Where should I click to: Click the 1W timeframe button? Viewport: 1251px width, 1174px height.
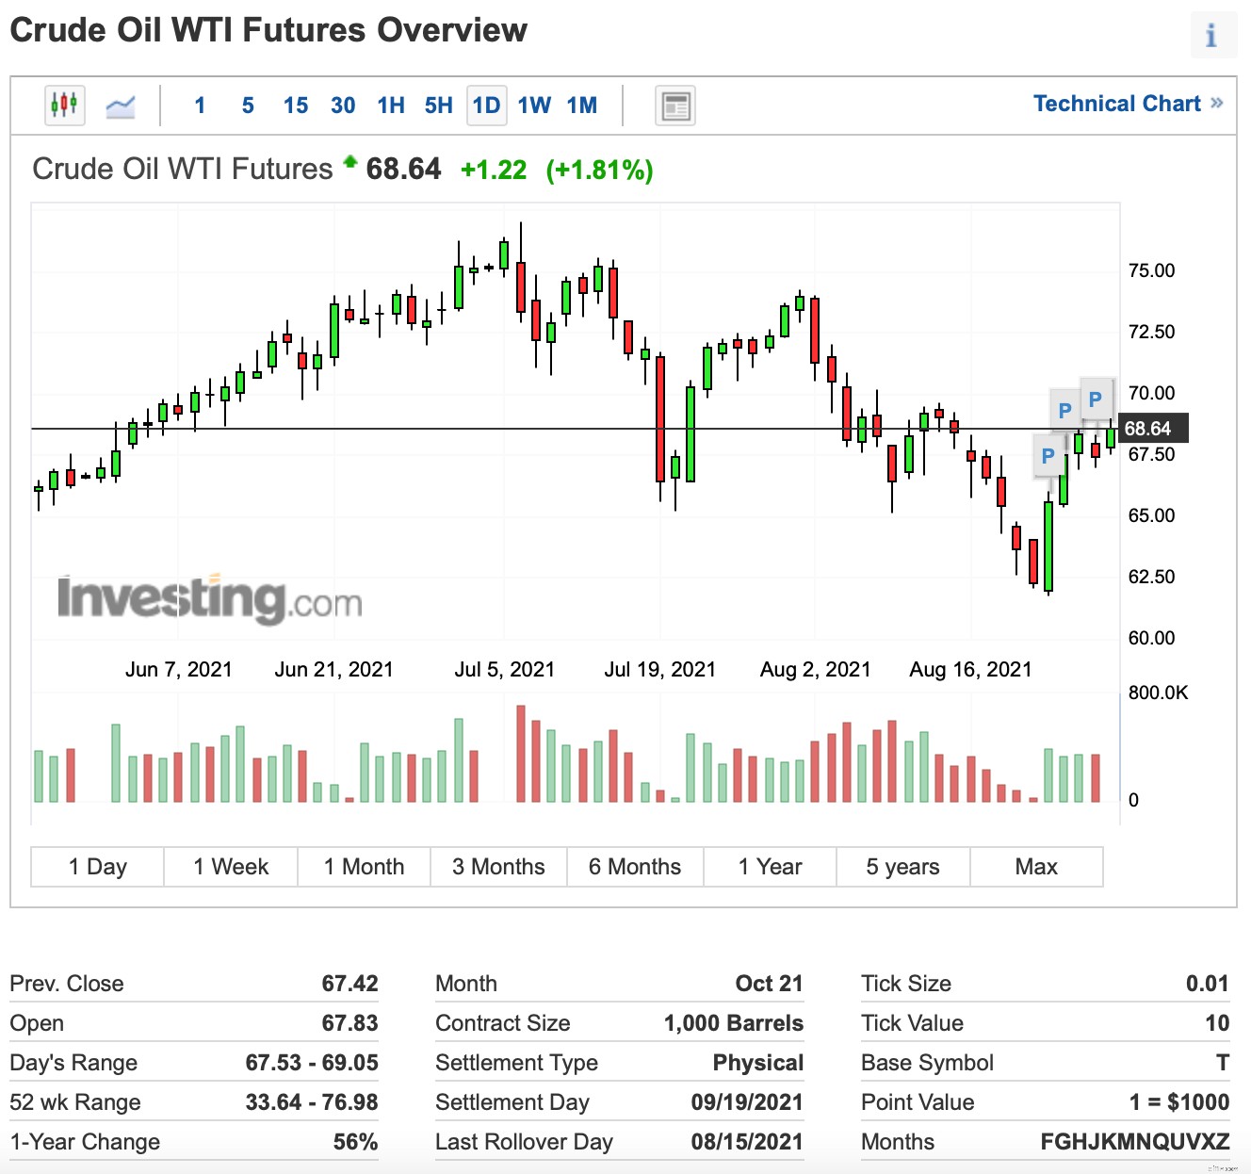pos(534,106)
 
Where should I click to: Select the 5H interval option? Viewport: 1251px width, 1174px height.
pos(438,106)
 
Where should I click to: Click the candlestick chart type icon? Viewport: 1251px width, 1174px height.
pos(64,105)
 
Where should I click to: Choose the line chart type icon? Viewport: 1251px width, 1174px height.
pos(121,106)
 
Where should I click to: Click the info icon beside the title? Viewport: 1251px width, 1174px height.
pos(1211,36)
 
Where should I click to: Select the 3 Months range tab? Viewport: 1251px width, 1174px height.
pos(498,867)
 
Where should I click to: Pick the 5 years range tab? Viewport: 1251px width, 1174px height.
pos(902,867)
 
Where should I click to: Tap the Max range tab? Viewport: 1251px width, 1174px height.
pos(1036,867)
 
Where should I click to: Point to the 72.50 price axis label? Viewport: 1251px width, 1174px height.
pos(1151,332)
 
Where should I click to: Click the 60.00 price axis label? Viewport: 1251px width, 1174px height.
pos(1151,638)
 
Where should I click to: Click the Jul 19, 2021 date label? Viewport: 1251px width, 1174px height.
pos(659,669)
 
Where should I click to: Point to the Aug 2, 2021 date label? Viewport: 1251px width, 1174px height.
pos(815,669)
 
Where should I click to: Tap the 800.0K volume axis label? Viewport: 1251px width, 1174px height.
pos(1158,693)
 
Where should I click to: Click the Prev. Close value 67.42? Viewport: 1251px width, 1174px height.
pos(349,984)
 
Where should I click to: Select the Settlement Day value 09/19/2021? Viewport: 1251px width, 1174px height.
pos(747,1102)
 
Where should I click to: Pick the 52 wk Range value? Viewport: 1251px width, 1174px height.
pos(312,1102)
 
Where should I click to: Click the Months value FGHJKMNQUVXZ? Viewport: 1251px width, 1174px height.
pos(1134,1142)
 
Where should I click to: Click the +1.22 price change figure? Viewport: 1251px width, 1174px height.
pos(494,170)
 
